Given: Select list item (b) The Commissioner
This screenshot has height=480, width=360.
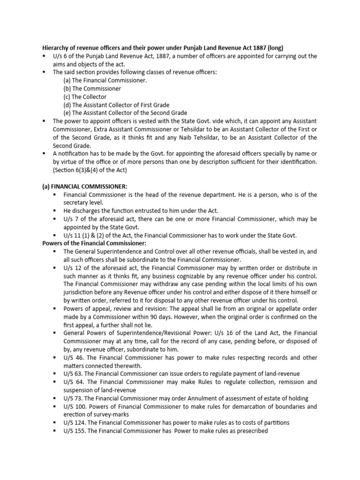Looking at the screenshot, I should click(92, 88).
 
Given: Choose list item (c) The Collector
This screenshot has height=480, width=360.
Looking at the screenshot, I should click(85, 97).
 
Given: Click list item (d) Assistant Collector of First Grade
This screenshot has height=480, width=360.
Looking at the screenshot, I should click(116, 105).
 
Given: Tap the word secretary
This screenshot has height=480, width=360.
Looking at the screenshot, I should click(78, 202).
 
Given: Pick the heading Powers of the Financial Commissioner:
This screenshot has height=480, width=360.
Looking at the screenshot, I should click(94, 243).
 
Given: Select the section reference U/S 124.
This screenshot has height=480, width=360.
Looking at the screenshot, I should click(76, 422).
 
